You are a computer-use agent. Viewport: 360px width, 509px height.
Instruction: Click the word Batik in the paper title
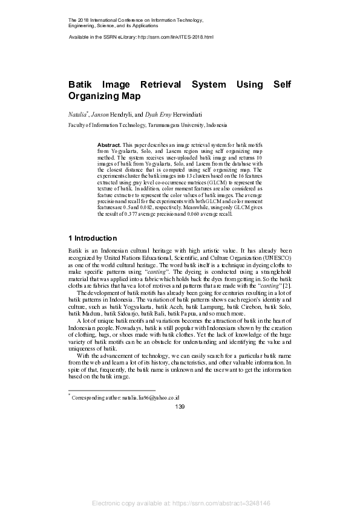coord(82,85)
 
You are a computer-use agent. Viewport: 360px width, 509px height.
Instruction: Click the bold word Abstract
coord(109,146)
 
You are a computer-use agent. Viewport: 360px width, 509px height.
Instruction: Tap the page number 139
coord(180,407)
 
